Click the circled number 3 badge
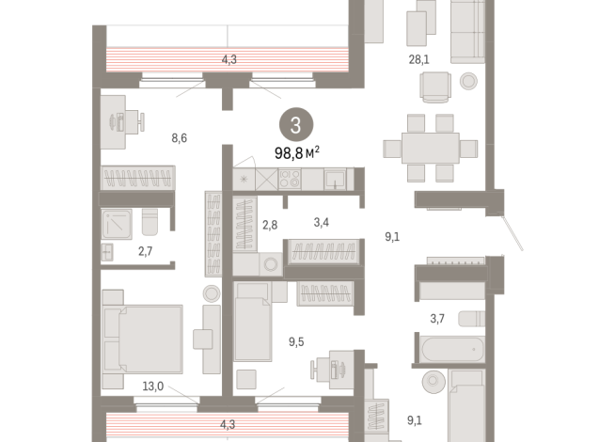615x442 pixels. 296,125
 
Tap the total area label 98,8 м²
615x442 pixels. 297,153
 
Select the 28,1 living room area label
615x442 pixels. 418,59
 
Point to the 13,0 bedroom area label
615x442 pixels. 153,387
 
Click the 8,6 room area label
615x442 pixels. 180,138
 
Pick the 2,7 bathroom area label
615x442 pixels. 145,251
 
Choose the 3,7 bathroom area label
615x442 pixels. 437,319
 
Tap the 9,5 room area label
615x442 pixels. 296,342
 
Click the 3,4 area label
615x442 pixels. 322,222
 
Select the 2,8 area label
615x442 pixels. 270,225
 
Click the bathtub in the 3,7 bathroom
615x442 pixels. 452,349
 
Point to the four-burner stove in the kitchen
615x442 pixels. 290,179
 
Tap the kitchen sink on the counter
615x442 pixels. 335,179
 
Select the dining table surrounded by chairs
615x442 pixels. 431,149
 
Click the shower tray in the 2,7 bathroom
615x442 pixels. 117,224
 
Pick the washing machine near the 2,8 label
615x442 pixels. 271,264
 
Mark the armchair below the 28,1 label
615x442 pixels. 435,87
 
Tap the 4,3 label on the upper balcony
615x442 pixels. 229,59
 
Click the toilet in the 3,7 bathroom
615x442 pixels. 472,319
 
